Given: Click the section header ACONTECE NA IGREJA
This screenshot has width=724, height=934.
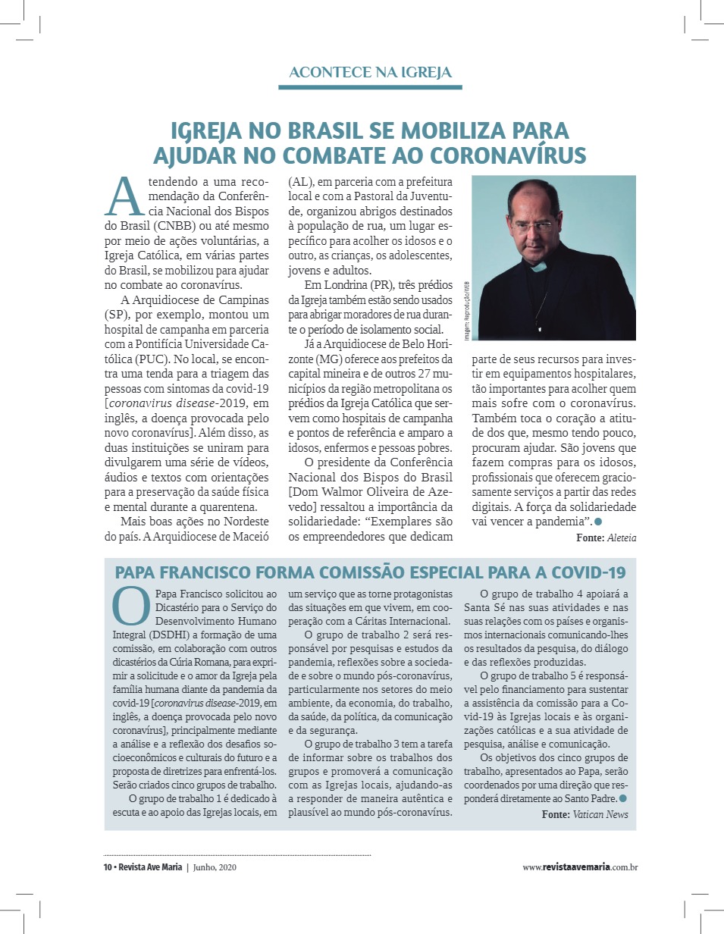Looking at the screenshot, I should pos(370,73).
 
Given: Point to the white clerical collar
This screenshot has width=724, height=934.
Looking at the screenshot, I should pos(539,267).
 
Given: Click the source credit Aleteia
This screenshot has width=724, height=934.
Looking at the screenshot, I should pos(621,538).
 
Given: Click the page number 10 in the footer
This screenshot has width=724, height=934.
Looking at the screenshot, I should pos(107,867).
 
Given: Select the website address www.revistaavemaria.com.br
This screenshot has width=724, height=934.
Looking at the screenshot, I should pos(579,867).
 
